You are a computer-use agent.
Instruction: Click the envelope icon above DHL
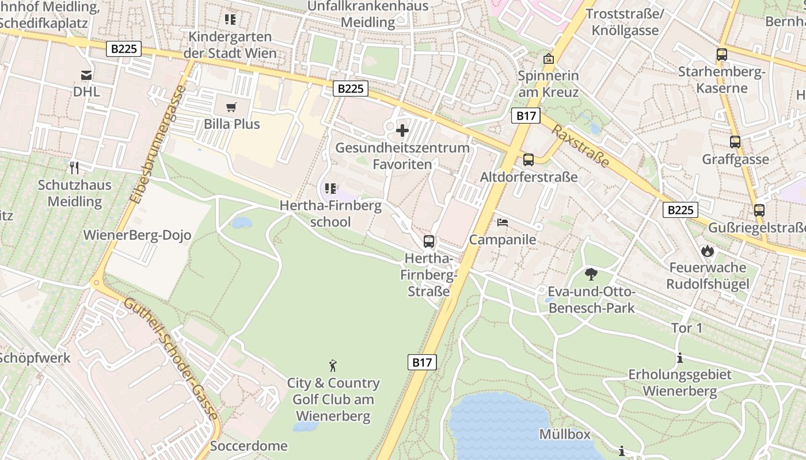point(86,75)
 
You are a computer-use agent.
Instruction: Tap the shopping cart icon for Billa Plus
point(231,107)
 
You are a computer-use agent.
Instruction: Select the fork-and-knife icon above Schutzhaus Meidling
point(74,168)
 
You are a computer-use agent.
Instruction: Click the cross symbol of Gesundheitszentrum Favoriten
point(402,131)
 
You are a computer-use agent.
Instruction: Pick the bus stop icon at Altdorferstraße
point(528,160)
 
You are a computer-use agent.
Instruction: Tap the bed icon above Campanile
point(503,222)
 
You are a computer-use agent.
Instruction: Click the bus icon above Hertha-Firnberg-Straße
point(428,241)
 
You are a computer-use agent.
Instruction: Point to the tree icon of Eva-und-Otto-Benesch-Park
point(591,274)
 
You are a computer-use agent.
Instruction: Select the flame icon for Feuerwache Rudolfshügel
point(708,250)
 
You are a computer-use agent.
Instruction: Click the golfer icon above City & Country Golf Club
point(333,365)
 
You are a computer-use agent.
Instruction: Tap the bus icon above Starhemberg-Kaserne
point(721,55)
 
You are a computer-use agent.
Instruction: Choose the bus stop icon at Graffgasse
point(735,142)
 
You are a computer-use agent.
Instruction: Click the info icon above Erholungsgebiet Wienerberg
point(680,358)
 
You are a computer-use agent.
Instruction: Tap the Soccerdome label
point(249,446)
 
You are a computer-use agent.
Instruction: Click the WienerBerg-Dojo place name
point(137,235)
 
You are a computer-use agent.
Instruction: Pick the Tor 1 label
point(687,328)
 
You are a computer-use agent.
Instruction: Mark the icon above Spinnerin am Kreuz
point(548,59)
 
